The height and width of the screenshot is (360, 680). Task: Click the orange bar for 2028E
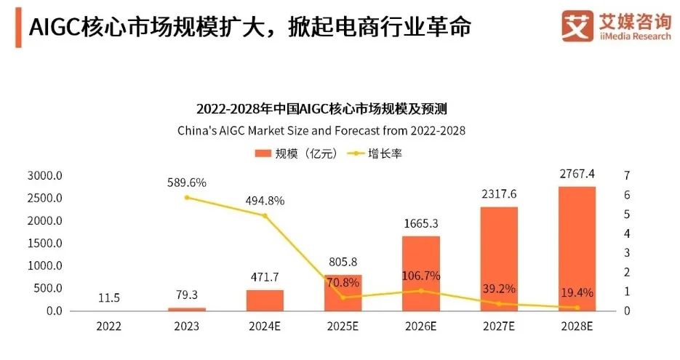pyautogui.click(x=576, y=249)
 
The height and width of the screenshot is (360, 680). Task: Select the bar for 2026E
pyautogui.click(x=421, y=273)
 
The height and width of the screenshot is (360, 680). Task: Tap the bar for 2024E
pyautogui.click(x=265, y=300)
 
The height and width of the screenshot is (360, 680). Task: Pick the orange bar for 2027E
pyautogui.click(x=499, y=259)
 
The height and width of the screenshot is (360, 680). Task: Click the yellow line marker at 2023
pyautogui.click(x=187, y=197)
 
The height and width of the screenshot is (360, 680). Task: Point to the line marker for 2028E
pyautogui.click(x=577, y=308)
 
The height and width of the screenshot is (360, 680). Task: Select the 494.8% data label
pyautogui.click(x=265, y=201)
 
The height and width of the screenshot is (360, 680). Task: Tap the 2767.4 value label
pyautogui.click(x=577, y=173)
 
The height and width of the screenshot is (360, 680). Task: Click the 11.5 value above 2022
pyautogui.click(x=108, y=298)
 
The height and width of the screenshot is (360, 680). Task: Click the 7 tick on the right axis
pyautogui.click(x=626, y=176)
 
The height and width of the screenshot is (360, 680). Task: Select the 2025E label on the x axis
pyautogui.click(x=343, y=327)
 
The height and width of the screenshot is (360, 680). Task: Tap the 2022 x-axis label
pyautogui.click(x=109, y=327)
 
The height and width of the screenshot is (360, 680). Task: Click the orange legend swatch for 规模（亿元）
pyautogui.click(x=262, y=153)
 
